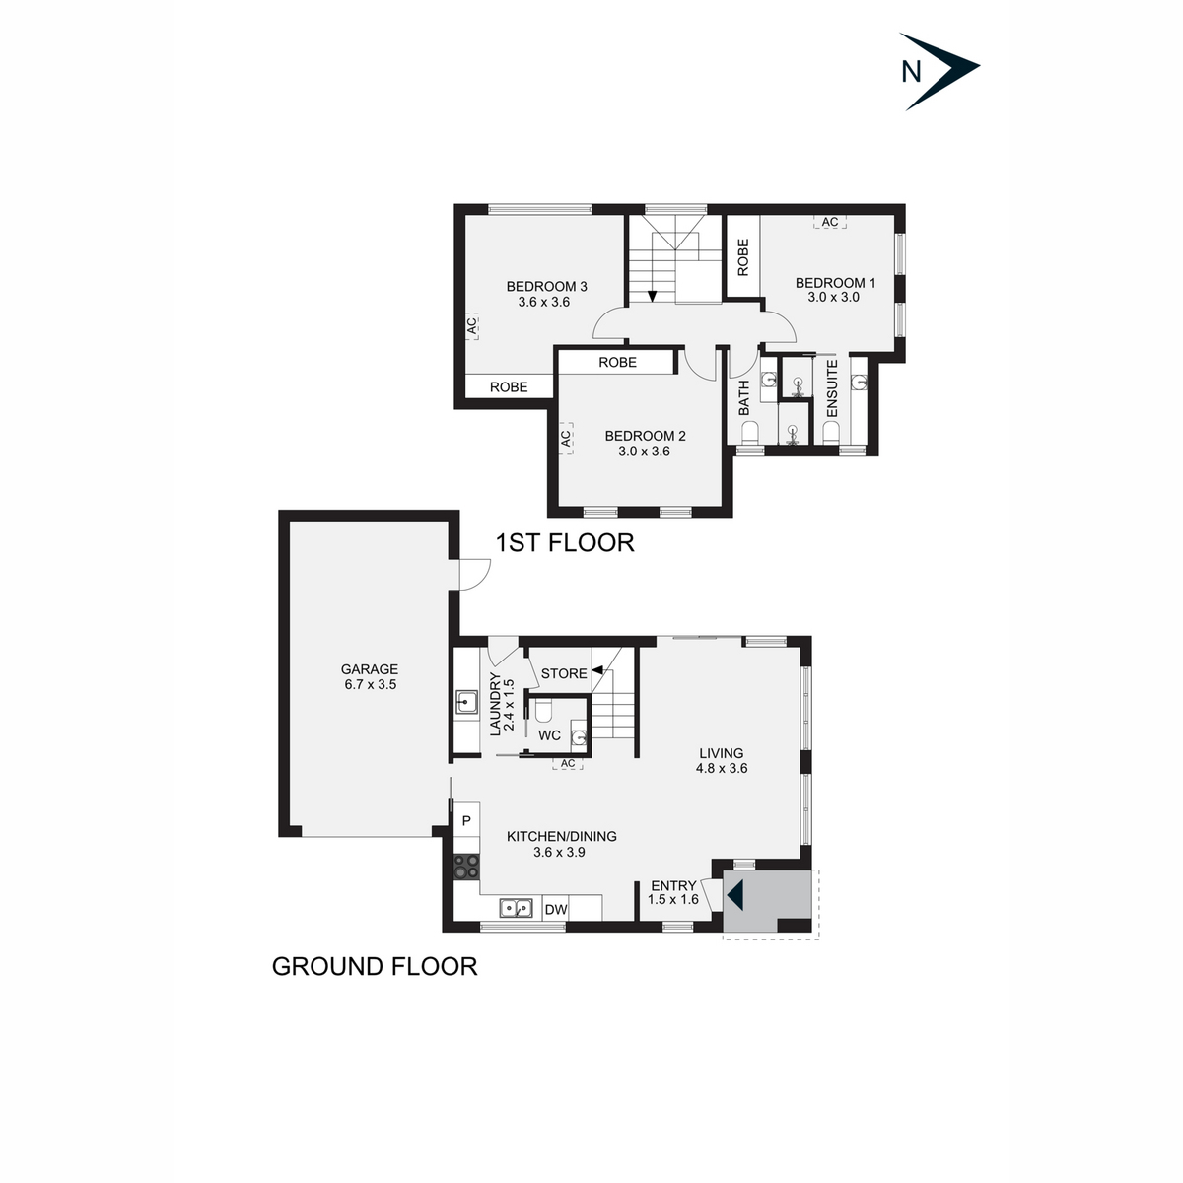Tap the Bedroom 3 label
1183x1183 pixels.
tap(546, 287)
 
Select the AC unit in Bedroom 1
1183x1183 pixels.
tap(830, 223)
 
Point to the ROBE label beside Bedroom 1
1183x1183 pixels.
tap(743, 257)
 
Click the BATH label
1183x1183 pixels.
tap(744, 397)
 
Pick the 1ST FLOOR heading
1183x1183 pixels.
tap(564, 542)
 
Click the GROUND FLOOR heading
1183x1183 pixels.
tap(375, 966)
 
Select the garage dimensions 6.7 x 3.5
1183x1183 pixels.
tap(371, 684)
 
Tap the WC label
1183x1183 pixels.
tap(549, 735)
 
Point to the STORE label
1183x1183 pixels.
tap(564, 673)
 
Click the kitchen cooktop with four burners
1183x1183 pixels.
tap(466, 867)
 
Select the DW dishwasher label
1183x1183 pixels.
tap(556, 910)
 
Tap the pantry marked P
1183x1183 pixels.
tap(466, 820)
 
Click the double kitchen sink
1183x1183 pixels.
tap(516, 909)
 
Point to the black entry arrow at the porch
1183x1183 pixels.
tap(735, 896)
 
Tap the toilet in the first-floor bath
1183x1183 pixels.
tap(749, 432)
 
